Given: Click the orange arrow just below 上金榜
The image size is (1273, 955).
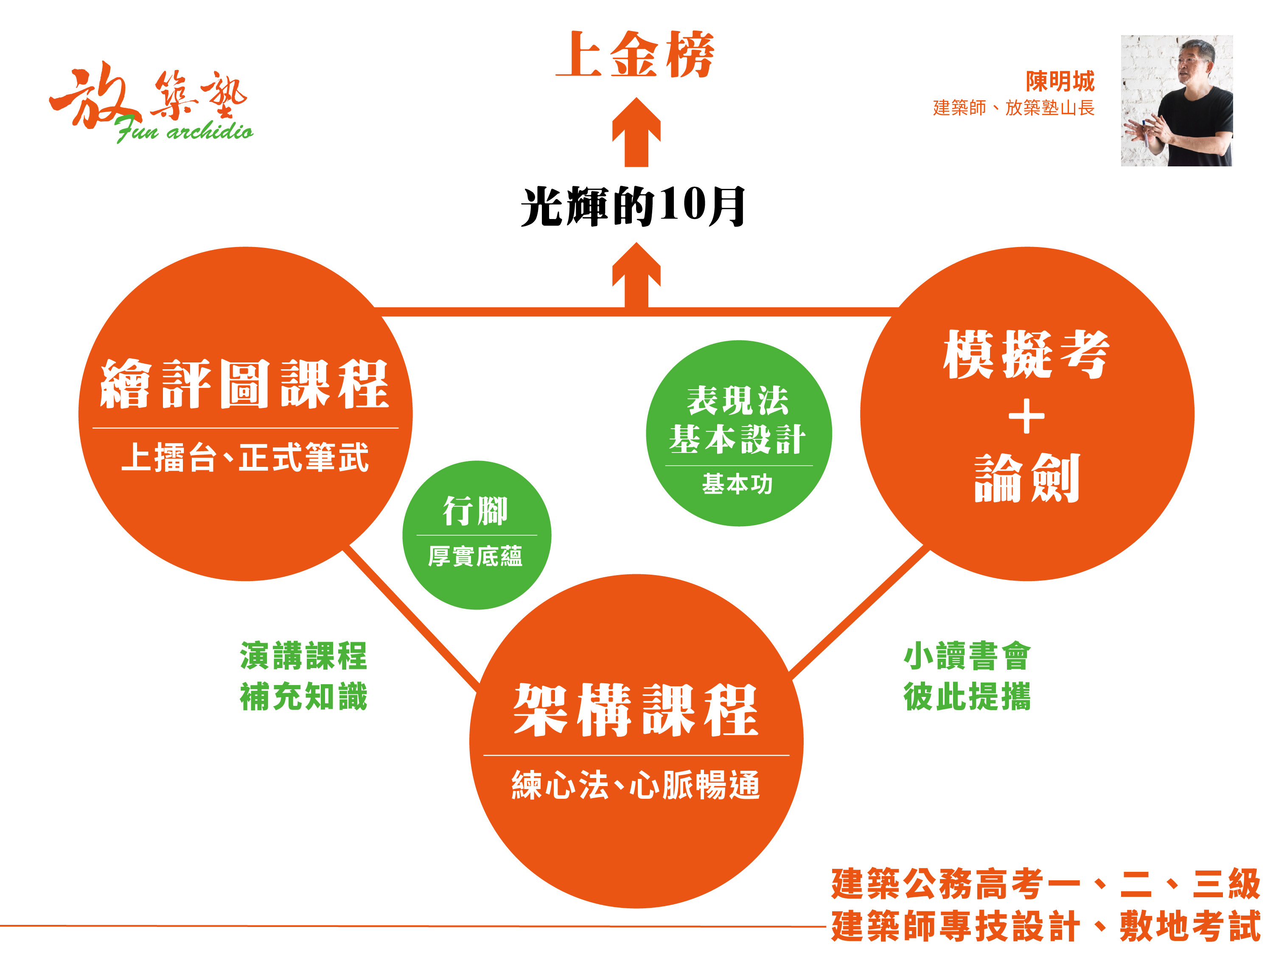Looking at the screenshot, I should pyautogui.click(x=636, y=132).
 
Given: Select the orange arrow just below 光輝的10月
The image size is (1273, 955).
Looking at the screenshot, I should pyautogui.click(x=636, y=275).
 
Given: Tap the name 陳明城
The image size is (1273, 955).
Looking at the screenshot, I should pyautogui.click(x=1060, y=81).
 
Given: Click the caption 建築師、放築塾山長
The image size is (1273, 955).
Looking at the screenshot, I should pyautogui.click(x=1013, y=108).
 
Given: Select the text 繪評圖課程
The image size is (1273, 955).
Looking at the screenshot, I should pyautogui.click(x=244, y=384).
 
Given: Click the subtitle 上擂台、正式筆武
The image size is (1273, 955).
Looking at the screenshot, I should pyautogui.click(x=244, y=458).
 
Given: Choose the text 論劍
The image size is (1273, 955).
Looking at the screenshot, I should pyautogui.click(x=1027, y=478).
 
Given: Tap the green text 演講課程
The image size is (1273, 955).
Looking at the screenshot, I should pyautogui.click(x=303, y=656).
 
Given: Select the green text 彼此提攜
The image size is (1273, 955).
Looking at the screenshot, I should pyautogui.click(x=967, y=697).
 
